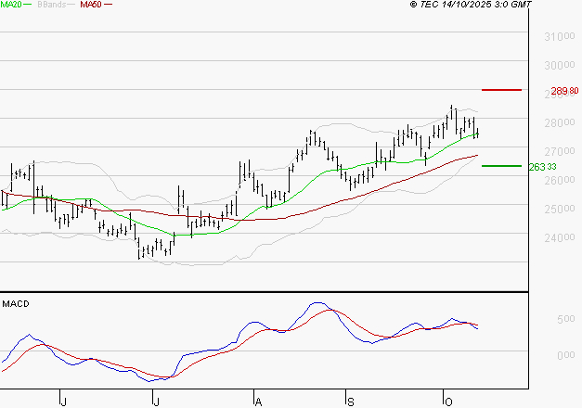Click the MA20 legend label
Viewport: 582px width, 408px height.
tap(12, 5)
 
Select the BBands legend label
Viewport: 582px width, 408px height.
tap(52, 5)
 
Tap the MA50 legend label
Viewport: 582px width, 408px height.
tap(91, 5)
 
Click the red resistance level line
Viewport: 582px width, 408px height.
tap(502, 90)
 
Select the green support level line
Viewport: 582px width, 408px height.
tap(501, 166)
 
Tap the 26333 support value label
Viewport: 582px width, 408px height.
tap(541, 167)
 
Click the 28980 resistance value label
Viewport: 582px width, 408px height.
tap(564, 91)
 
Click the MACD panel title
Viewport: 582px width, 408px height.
tap(15, 303)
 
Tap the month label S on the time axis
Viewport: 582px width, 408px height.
tap(351, 400)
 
